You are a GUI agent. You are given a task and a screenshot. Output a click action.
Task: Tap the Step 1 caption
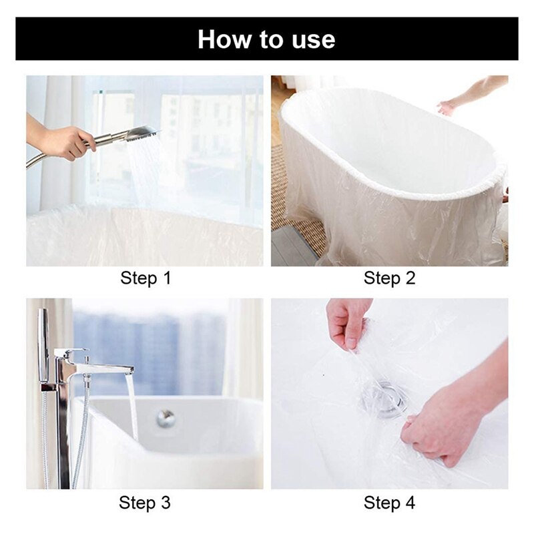point(146,278)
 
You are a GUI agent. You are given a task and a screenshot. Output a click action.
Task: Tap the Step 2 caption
point(389,278)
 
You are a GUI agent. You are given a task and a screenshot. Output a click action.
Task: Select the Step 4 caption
point(389,501)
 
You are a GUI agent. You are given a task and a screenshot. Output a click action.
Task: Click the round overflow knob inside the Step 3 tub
point(166,419)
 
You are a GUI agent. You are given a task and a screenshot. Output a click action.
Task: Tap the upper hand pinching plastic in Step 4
point(347,322)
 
